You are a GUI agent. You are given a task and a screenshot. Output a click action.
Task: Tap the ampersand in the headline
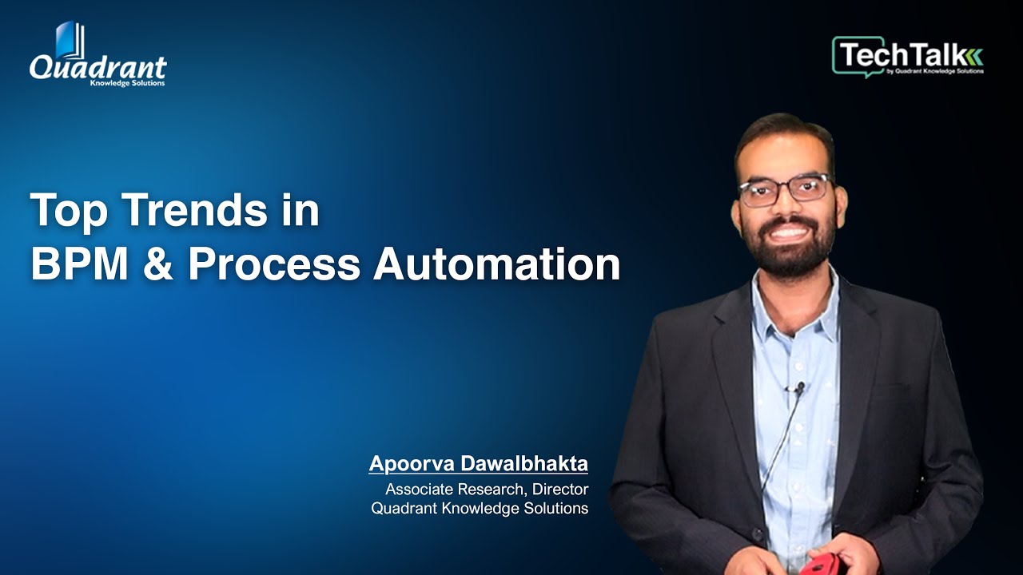coord(161,265)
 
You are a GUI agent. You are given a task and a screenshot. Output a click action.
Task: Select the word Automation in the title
coord(497,265)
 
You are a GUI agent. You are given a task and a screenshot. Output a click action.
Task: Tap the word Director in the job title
coord(560,489)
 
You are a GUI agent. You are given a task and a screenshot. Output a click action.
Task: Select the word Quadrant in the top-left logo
coord(98,68)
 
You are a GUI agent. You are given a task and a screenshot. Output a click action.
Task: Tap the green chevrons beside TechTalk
coord(975,56)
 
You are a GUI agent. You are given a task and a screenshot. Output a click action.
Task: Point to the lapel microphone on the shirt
coord(798,389)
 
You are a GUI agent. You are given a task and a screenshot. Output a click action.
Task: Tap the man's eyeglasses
coord(784,190)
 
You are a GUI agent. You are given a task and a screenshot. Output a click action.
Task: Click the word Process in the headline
coord(274,265)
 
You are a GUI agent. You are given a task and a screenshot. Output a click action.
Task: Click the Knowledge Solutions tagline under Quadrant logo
coord(128,83)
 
